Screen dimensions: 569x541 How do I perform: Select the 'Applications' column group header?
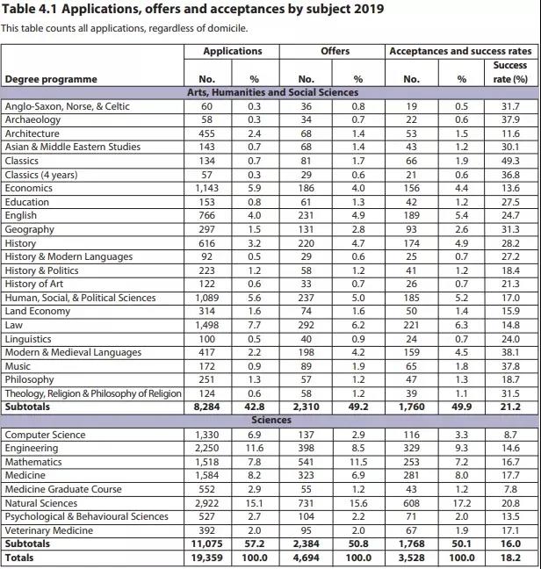point(232,52)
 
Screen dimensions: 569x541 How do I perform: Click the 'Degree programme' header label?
point(51,80)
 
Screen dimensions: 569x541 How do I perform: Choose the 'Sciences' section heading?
point(272,421)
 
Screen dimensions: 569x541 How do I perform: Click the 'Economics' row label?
point(30,188)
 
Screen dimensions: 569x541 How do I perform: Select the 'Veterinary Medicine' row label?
point(50,530)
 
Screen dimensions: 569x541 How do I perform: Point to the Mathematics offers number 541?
point(307,462)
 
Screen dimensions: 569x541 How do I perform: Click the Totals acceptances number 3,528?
point(411,558)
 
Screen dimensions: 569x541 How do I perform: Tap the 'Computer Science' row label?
point(45,435)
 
